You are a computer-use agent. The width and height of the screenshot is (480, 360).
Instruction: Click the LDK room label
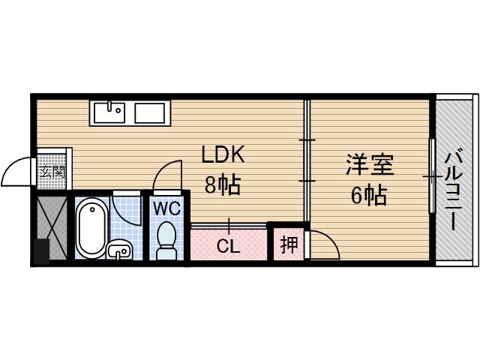(x=223, y=154)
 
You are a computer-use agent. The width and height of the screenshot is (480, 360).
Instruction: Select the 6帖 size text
(x=369, y=196)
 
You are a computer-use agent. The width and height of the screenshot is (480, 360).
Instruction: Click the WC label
(x=166, y=208)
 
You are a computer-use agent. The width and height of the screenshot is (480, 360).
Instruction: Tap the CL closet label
(x=229, y=246)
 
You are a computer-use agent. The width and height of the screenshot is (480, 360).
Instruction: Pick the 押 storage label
(x=288, y=244)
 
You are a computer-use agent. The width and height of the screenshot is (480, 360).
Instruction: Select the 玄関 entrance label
(x=52, y=172)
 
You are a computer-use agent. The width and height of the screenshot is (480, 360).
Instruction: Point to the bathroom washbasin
(x=118, y=250)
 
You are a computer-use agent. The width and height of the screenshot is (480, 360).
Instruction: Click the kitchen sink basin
(x=110, y=112)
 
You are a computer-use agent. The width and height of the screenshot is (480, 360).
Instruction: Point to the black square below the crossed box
(x=41, y=251)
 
